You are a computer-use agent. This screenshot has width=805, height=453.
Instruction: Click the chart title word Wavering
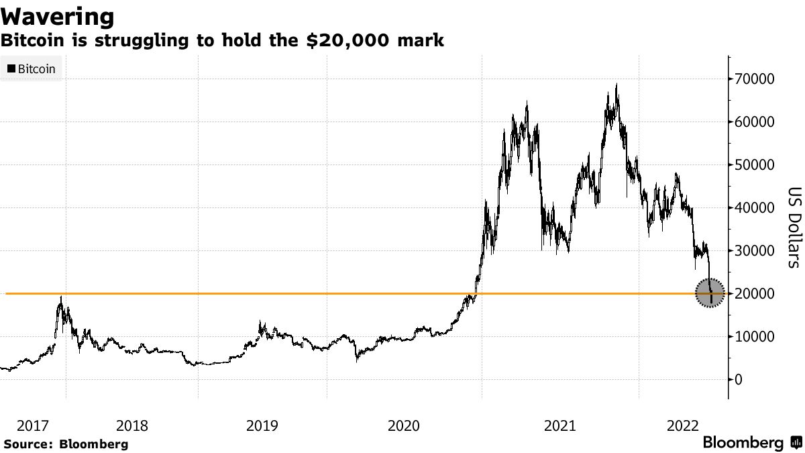point(57,16)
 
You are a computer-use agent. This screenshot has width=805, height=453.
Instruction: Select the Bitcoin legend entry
point(32,68)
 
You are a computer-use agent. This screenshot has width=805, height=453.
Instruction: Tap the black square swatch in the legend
point(11,68)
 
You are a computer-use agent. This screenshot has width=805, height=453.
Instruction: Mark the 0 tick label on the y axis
point(739,380)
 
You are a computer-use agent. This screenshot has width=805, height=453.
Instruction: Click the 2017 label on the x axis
point(33,425)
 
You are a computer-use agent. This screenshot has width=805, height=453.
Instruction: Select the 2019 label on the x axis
point(263,425)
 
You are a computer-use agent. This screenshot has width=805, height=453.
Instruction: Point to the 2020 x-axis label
point(405,425)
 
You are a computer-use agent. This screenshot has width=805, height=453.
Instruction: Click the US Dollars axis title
point(793,227)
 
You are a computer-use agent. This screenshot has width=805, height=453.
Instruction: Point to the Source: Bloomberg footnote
point(66,444)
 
